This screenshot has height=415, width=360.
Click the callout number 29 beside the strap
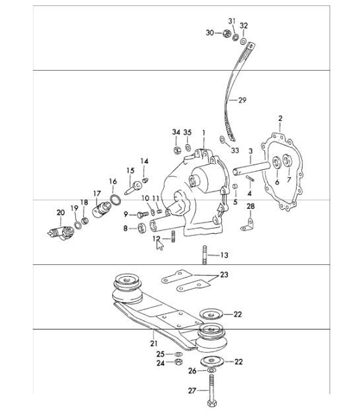(242, 100)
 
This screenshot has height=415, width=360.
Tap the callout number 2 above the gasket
(280, 118)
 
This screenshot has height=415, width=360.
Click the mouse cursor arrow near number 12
(159, 245)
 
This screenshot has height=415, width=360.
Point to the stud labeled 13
(205, 254)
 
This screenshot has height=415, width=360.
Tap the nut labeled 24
(178, 363)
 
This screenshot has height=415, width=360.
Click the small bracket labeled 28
(248, 226)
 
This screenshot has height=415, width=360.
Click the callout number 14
(145, 161)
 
